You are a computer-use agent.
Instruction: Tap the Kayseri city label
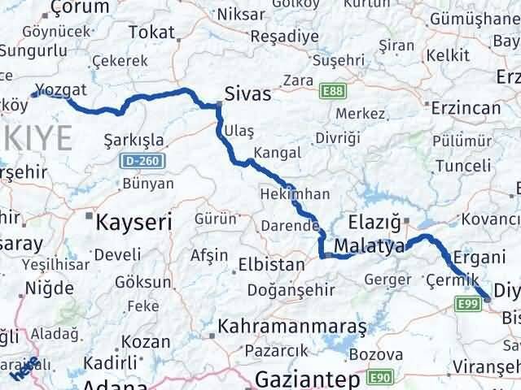point(136,219)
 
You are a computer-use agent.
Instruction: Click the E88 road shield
point(331,89)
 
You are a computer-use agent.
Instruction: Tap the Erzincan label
point(465,107)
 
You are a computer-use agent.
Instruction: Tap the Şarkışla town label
point(134,140)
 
